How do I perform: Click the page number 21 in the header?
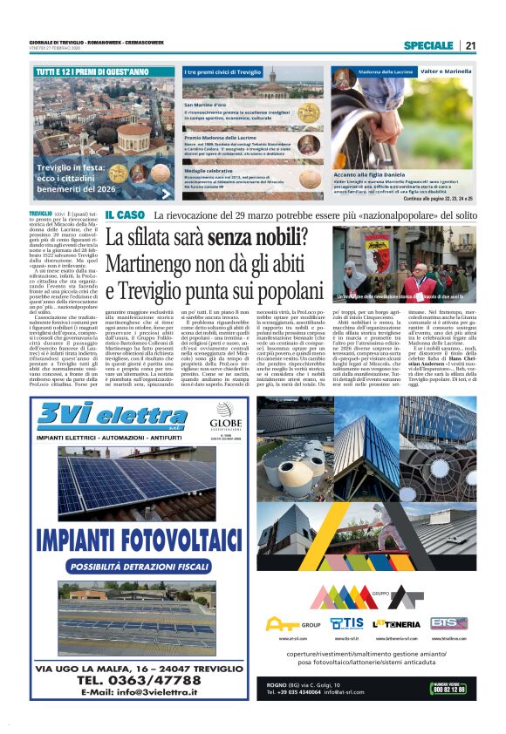point(470,45)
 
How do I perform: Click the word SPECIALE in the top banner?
point(427,45)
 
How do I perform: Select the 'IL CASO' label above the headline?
point(125,214)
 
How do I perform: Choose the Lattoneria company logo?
point(396,623)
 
